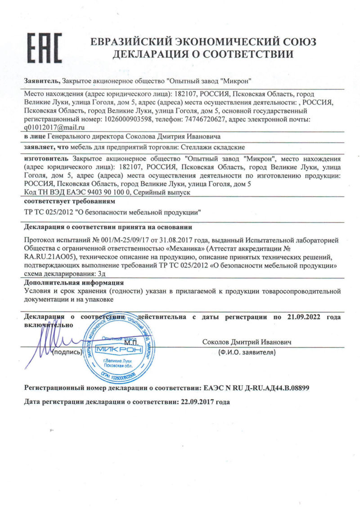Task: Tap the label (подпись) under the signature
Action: click(x=67, y=353)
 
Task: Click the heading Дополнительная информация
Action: click(x=74, y=283)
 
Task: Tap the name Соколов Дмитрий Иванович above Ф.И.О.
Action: click(x=247, y=343)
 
